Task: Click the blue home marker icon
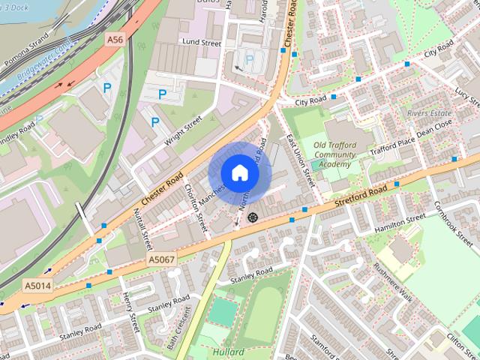click(239, 172)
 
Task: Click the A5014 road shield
click(37, 286)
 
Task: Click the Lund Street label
click(201, 43)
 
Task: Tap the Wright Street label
click(184, 130)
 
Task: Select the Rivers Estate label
click(429, 112)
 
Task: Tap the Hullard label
click(228, 352)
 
